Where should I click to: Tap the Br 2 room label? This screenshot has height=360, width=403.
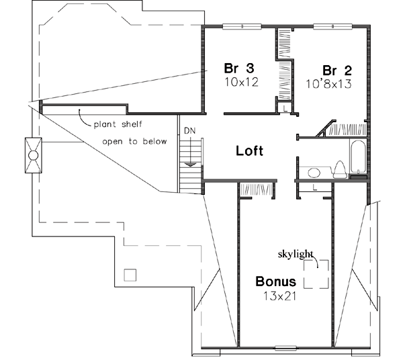[x=338, y=71]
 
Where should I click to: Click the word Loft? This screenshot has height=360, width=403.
[x=249, y=150]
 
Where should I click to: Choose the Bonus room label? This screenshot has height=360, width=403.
[x=275, y=281]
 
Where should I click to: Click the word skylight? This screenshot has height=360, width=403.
[x=296, y=254]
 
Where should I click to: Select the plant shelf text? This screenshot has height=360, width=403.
[x=117, y=125]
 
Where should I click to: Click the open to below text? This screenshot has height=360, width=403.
[x=128, y=142]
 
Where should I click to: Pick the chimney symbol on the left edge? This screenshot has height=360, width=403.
[x=32, y=155]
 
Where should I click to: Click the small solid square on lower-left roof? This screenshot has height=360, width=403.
[x=131, y=274]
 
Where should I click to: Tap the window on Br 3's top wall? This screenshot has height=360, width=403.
[x=237, y=27]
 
